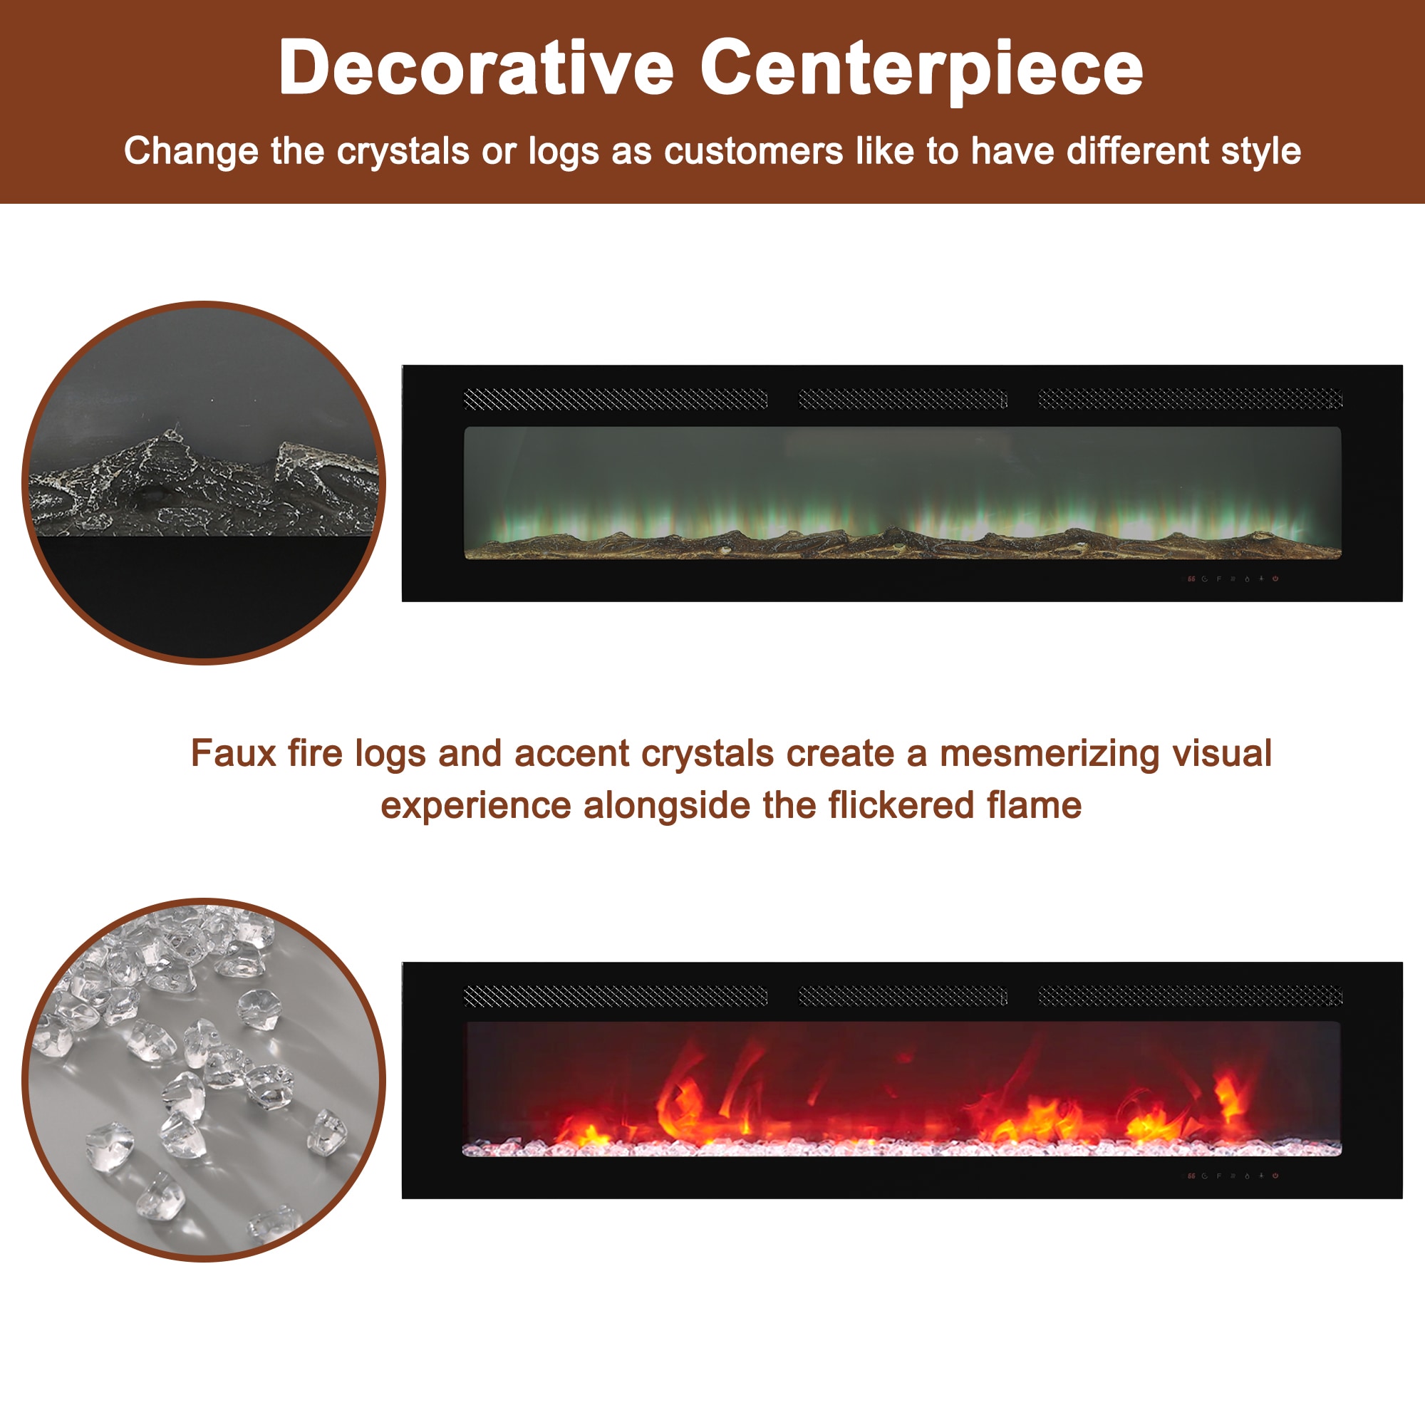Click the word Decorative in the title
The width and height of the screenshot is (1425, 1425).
(x=477, y=68)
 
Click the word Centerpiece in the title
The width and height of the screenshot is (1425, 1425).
(x=922, y=70)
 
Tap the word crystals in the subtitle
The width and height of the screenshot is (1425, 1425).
(x=403, y=152)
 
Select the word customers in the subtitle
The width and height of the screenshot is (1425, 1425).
(x=754, y=151)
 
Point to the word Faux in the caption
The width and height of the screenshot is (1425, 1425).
(x=233, y=753)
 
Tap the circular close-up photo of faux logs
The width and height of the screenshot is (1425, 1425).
(x=204, y=482)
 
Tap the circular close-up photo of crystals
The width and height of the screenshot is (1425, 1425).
(x=204, y=1080)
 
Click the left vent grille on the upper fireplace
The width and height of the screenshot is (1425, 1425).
(x=615, y=399)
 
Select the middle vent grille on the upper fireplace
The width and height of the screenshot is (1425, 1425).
(x=903, y=399)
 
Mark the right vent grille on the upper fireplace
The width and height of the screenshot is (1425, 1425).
(x=1191, y=399)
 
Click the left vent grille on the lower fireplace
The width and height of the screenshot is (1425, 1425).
(x=615, y=997)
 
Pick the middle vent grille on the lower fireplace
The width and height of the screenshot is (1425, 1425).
(x=903, y=997)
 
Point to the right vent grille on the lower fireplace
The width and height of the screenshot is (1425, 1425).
(x=1191, y=997)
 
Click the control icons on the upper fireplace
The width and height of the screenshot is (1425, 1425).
(x=1233, y=579)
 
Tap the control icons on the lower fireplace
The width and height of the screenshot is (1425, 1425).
(x=1233, y=1176)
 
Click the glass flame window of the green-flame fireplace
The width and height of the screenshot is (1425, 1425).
(x=902, y=493)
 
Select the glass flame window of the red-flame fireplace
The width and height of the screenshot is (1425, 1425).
(x=902, y=1089)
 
